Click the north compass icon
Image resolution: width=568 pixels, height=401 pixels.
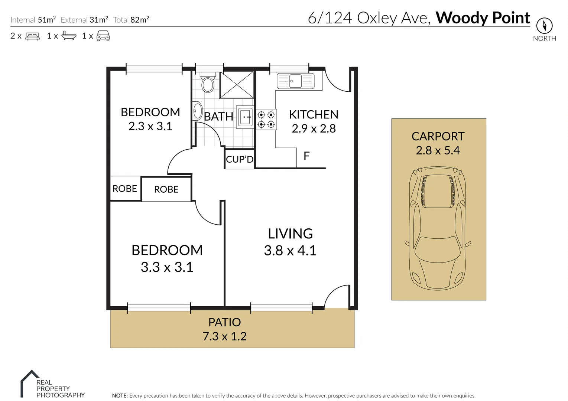tap(544, 26)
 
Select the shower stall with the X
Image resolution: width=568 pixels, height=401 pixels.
tap(237, 85)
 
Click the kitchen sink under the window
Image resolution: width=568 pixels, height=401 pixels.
tap(296, 81)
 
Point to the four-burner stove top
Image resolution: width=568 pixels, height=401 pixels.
tap(266, 120)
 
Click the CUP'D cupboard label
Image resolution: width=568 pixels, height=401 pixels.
tap(240, 160)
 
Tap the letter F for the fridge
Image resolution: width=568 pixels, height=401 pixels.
tap(306, 156)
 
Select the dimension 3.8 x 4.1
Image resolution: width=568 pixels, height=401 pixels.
tap(290, 251)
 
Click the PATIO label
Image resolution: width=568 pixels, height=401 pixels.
tap(224, 322)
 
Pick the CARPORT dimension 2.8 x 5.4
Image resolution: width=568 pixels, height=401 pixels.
tap(438, 150)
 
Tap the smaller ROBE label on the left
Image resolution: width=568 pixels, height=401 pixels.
tap(125, 189)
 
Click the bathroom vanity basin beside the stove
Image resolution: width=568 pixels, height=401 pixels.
tap(245, 117)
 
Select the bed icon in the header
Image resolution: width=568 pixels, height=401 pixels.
tap(32, 36)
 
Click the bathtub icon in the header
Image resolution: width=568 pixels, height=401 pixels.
tap(69, 36)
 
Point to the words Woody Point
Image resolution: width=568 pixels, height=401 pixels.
tap(483, 18)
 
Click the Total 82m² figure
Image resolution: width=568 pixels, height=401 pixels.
tap(131, 20)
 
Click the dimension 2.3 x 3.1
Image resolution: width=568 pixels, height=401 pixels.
tap(150, 126)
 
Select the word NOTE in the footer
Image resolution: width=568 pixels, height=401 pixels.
tap(120, 396)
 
